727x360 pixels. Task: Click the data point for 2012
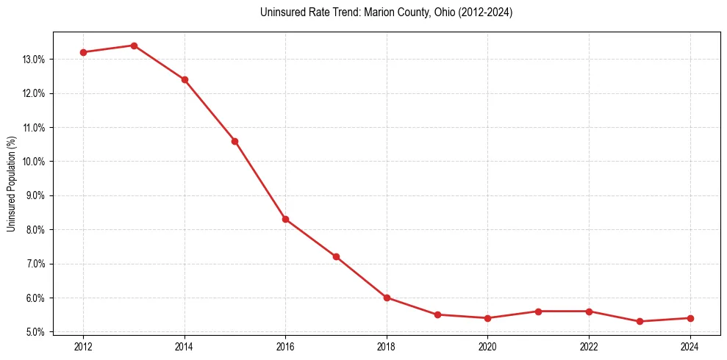click(x=83, y=52)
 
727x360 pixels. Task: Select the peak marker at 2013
click(x=134, y=46)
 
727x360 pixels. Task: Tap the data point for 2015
click(x=234, y=141)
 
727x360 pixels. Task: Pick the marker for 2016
click(x=285, y=219)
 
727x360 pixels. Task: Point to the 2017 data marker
click(x=336, y=256)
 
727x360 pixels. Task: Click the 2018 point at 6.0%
click(x=387, y=298)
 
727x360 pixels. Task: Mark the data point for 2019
click(x=437, y=314)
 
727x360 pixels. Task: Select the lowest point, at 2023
click(x=640, y=321)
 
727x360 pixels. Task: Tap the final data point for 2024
click(x=690, y=318)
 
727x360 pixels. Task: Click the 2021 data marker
click(x=538, y=312)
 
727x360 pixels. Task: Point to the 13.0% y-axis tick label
click(x=33, y=60)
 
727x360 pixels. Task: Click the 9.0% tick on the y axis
click(x=35, y=196)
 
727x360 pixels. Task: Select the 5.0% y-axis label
click(x=35, y=332)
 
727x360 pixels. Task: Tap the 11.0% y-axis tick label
click(x=33, y=128)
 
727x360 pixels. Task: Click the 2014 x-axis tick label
click(x=185, y=346)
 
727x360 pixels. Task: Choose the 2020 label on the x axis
click(x=488, y=346)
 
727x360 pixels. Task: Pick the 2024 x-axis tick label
click(x=690, y=346)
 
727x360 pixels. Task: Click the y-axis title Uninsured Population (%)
click(x=12, y=183)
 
